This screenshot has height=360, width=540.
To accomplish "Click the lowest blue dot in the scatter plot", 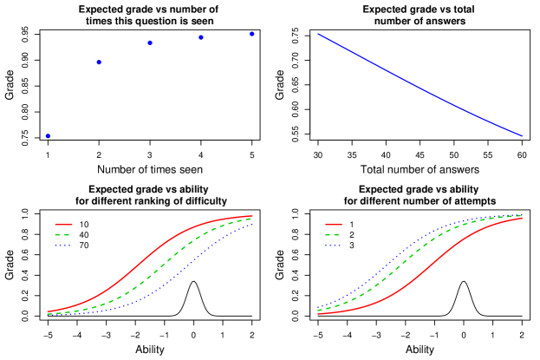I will click(x=48, y=136).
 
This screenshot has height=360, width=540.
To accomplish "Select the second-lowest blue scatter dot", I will click(x=99, y=62).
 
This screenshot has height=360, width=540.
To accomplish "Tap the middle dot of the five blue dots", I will click(x=150, y=43).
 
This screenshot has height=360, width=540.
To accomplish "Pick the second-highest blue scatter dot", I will click(x=201, y=37).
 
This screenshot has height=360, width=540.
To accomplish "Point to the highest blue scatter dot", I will click(x=252, y=34).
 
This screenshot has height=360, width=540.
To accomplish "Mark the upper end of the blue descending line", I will click(x=318, y=34).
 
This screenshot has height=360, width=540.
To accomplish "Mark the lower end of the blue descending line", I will click(x=522, y=136).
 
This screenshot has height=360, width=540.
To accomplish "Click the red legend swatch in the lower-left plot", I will click(x=63, y=225).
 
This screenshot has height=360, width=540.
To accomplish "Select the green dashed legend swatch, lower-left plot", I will click(x=63, y=235).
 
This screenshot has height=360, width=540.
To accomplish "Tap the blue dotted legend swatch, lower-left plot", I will click(x=63, y=245).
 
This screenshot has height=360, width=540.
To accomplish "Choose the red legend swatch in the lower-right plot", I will click(x=333, y=225).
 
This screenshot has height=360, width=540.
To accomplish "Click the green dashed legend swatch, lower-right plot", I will click(x=333, y=235).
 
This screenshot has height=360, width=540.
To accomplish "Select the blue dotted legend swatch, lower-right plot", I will click(x=333, y=245).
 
